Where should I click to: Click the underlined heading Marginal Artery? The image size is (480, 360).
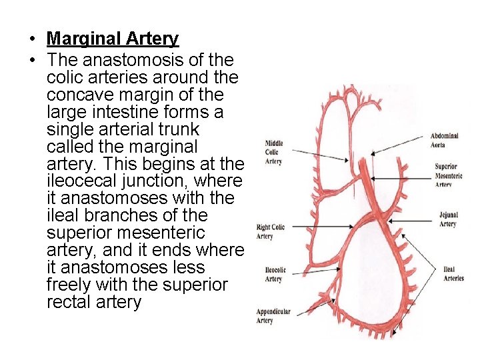113,39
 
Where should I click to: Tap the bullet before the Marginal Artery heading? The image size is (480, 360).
31,39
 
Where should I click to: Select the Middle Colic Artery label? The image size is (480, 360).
274,152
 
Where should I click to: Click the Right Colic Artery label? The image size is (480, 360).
270,231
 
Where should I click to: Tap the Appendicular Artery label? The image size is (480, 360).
274,316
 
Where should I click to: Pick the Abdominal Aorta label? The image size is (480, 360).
444,140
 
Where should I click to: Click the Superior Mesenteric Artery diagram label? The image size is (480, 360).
445,175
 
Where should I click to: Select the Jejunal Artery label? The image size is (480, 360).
448,219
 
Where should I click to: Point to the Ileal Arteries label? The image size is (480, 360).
453,274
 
